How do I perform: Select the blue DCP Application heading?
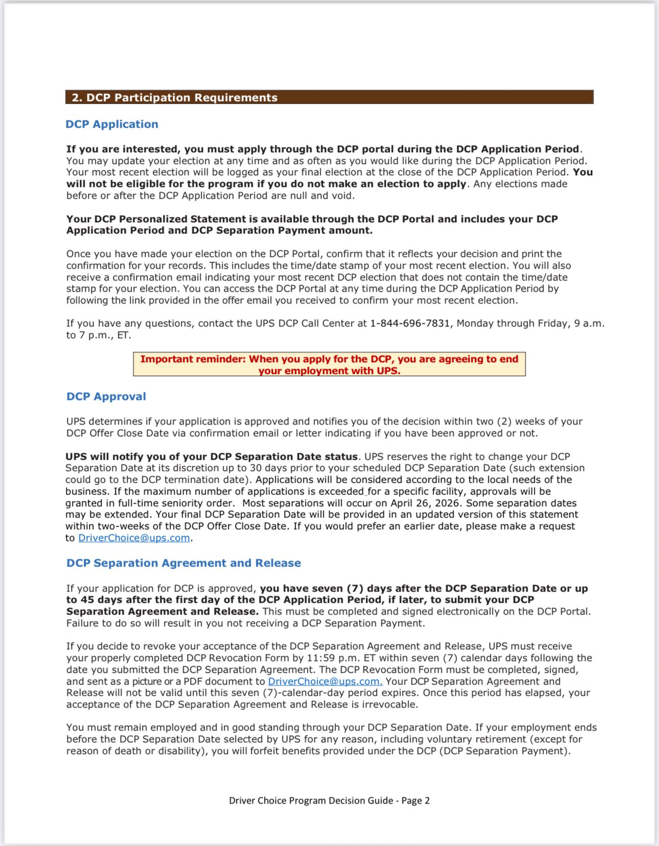click(x=112, y=124)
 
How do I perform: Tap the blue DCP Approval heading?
click(x=106, y=396)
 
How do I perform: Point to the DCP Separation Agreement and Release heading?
click(x=183, y=563)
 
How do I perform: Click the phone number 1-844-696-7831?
click(x=410, y=323)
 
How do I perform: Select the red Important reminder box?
click(x=329, y=365)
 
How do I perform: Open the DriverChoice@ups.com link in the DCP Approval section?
click(x=134, y=538)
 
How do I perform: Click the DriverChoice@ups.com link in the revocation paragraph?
click(x=325, y=682)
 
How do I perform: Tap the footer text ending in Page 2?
click(x=329, y=801)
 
